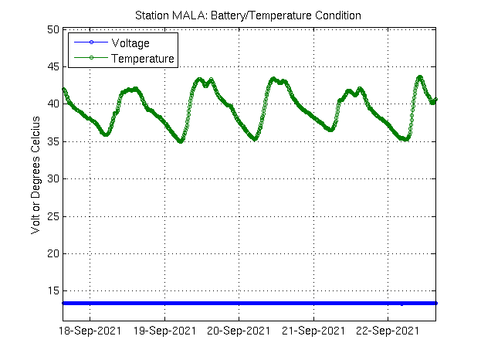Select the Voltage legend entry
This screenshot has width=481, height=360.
click(130, 42)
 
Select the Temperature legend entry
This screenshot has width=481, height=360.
click(143, 58)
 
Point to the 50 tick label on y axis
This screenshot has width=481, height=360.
click(53, 29)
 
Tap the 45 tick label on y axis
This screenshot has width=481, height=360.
click(53, 66)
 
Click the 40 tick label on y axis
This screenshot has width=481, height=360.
click(53, 104)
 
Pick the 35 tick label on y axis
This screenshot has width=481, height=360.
click(53, 141)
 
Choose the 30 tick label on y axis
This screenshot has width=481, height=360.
click(53, 178)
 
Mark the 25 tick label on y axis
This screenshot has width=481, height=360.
click(53, 216)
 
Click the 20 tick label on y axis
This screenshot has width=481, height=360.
click(53, 253)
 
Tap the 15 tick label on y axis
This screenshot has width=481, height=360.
click(53, 290)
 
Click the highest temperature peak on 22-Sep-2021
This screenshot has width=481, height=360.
click(420, 76)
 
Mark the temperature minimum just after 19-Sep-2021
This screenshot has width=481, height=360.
click(181, 141)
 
